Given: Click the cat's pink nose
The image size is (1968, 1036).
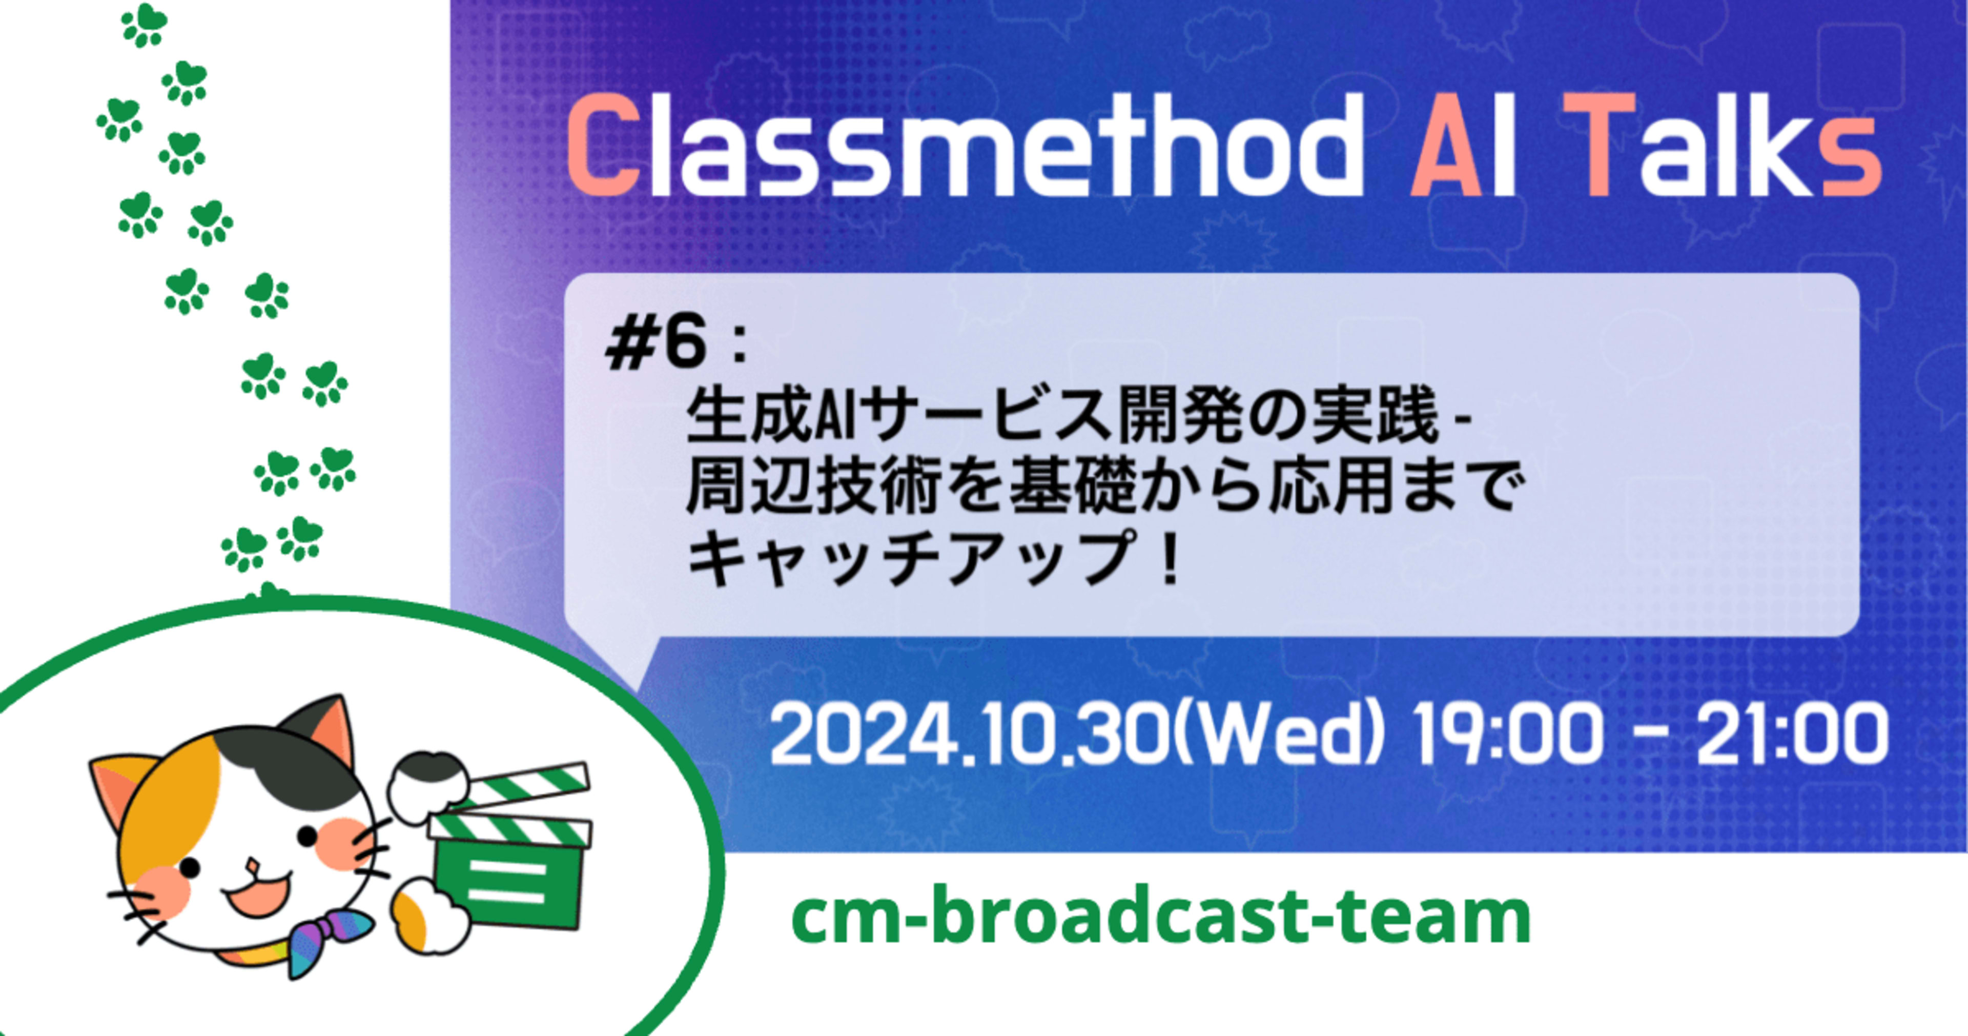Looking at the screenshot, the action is (x=253, y=866).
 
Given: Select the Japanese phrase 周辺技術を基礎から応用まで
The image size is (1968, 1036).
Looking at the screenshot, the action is (x=1100, y=489).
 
